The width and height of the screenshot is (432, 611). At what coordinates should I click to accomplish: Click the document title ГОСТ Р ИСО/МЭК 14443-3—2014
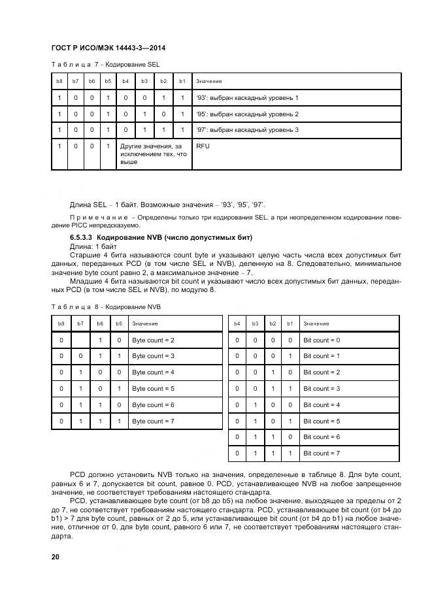[107, 48]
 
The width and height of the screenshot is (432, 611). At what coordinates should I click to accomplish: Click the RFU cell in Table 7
[203, 146]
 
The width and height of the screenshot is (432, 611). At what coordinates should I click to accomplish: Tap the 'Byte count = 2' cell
[153, 340]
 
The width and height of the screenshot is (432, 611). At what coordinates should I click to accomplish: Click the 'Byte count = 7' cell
[153, 421]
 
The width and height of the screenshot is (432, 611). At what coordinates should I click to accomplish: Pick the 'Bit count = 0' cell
[321, 340]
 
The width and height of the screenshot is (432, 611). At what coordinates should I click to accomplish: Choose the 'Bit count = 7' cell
[321, 453]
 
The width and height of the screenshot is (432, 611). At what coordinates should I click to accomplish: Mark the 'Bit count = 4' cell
[321, 405]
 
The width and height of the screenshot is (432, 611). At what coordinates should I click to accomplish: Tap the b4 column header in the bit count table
[237, 323]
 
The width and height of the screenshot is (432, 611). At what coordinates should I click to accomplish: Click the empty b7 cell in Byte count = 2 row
[80, 340]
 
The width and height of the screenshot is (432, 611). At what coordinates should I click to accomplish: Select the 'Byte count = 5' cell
[153, 389]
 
